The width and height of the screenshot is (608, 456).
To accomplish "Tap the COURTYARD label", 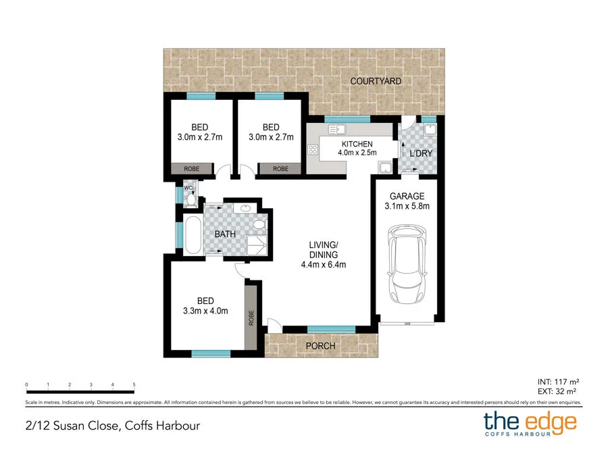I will (376, 81).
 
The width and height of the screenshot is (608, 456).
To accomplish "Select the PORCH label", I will (321, 346).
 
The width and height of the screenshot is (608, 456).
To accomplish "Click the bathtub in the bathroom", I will (192, 235).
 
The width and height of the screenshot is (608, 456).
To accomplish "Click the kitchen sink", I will (337, 129).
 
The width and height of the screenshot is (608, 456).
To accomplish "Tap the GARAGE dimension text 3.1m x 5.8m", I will (407, 206).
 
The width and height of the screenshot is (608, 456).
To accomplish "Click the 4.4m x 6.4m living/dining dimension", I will (324, 264).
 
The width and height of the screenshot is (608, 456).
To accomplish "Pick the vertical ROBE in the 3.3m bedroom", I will (251, 318).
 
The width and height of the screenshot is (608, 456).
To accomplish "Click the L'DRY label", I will (421, 154).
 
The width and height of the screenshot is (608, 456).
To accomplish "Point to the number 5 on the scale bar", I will (134, 384).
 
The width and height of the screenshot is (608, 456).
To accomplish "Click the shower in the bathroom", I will (257, 245).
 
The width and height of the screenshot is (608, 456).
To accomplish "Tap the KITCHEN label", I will (357, 144).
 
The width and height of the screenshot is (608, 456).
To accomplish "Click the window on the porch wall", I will (331, 329).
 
